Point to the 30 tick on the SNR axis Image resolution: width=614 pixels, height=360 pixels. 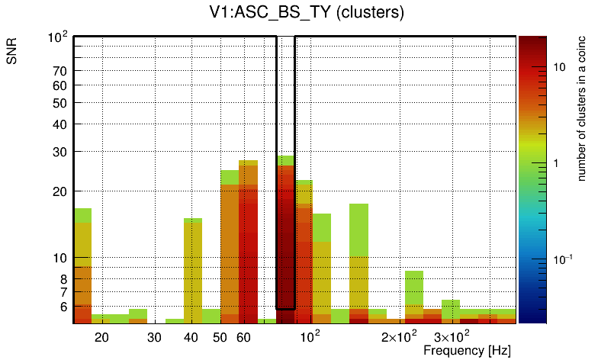(x=60, y=152)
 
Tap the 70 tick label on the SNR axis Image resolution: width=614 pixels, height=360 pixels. (x=60, y=71)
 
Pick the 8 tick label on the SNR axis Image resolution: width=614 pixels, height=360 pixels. (x=64, y=279)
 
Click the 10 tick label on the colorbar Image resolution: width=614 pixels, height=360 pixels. (x=559, y=67)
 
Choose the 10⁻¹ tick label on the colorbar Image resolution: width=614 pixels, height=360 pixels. (x=563, y=260)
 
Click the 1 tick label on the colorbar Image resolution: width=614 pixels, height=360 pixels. (x=556, y=163)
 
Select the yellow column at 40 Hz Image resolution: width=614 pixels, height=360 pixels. (x=193, y=267)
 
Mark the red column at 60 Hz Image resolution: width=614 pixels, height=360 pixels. (x=248, y=244)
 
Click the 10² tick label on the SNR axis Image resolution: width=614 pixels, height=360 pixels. (x=58, y=37)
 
